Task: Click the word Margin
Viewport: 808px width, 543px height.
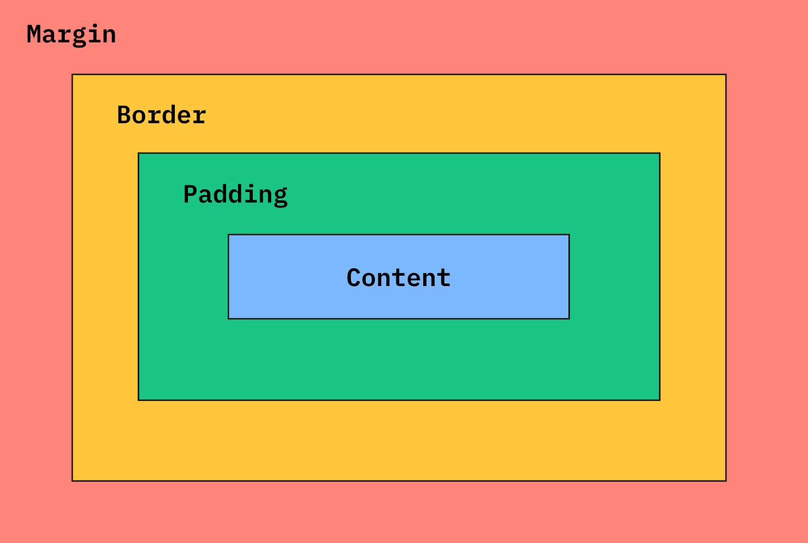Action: [x=71, y=34]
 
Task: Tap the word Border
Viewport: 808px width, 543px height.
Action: [x=161, y=115]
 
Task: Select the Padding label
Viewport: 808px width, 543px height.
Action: [x=235, y=194]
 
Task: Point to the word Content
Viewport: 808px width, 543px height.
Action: [x=399, y=278]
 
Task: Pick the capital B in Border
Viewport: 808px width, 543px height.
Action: [x=124, y=115]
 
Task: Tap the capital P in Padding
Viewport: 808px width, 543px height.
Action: [x=190, y=194]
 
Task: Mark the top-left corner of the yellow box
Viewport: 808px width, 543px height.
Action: [x=73, y=75]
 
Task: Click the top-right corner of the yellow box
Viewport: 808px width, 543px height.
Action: [x=725, y=75]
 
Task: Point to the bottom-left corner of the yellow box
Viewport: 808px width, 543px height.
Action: [x=73, y=480]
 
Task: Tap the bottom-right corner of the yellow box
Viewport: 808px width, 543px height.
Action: [x=725, y=480]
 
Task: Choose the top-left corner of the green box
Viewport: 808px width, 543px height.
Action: [x=139, y=153]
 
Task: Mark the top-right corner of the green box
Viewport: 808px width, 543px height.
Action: [x=659, y=153]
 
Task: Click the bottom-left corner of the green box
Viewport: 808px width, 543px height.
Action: [x=139, y=400]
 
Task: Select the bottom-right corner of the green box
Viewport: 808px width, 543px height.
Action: [x=659, y=400]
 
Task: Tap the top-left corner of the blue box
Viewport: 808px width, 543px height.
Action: [x=228, y=235]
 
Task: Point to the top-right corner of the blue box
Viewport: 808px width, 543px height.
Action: [x=569, y=235]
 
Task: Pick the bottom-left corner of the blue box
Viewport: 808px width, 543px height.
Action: [x=228, y=318]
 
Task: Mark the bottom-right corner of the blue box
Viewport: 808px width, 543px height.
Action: [x=569, y=318]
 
